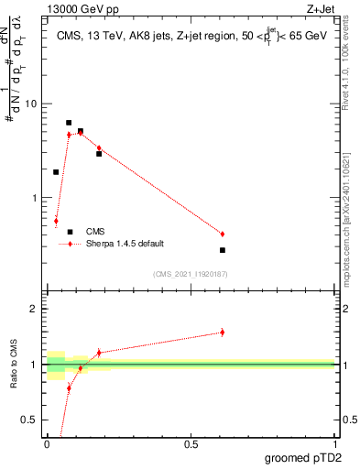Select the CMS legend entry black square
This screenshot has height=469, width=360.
click(70, 232)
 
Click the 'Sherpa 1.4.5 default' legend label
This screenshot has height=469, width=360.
click(125, 244)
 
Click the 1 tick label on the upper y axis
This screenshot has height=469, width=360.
click(36, 198)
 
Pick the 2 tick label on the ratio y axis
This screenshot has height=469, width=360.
click(35, 309)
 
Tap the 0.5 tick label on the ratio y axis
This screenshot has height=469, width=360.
click(32, 420)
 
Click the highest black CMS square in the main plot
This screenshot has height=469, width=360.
click(69, 122)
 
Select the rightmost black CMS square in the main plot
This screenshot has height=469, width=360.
click(223, 250)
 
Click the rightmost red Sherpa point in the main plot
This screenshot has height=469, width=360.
click(223, 234)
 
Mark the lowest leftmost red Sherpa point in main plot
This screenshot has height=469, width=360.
click(56, 221)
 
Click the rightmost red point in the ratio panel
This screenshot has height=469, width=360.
click(223, 333)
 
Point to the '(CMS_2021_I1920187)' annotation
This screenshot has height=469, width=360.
click(190, 273)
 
